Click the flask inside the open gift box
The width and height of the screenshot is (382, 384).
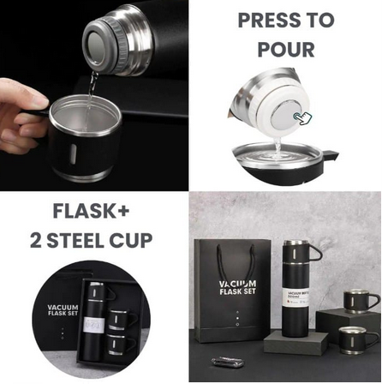pos(96,321)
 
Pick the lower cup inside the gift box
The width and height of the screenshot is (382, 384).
pos(124,348)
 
